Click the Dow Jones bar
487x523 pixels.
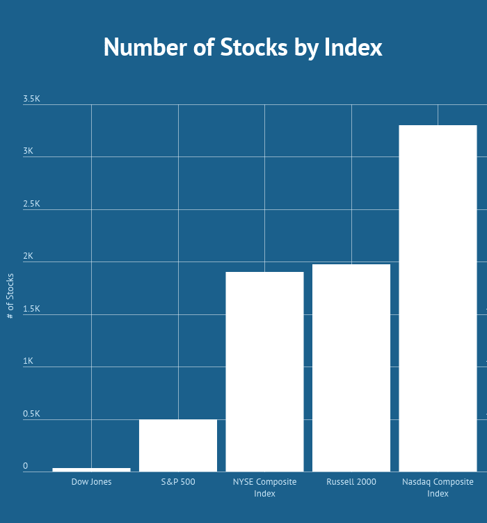click(x=91, y=469)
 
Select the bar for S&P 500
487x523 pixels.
click(x=178, y=445)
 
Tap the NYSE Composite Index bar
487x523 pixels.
click(x=264, y=371)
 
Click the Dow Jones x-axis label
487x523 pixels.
click(x=91, y=482)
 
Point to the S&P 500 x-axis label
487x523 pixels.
click(x=178, y=482)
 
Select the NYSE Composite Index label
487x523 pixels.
click(x=264, y=488)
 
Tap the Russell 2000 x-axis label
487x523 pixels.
click(x=351, y=482)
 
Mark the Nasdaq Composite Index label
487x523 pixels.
click(x=438, y=488)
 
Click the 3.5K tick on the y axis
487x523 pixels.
click(x=32, y=99)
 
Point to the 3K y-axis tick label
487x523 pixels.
click(x=28, y=152)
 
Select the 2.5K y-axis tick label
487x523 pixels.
click(x=32, y=204)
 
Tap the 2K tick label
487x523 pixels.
click(x=28, y=257)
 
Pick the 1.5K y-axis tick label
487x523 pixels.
click(x=32, y=309)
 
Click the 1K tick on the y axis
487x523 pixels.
click(x=28, y=362)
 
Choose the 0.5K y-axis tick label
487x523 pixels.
click(x=32, y=414)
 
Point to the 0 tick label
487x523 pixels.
click(x=26, y=466)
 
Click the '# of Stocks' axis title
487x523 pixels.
click(x=10, y=296)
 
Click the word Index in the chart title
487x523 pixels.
click(x=353, y=47)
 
